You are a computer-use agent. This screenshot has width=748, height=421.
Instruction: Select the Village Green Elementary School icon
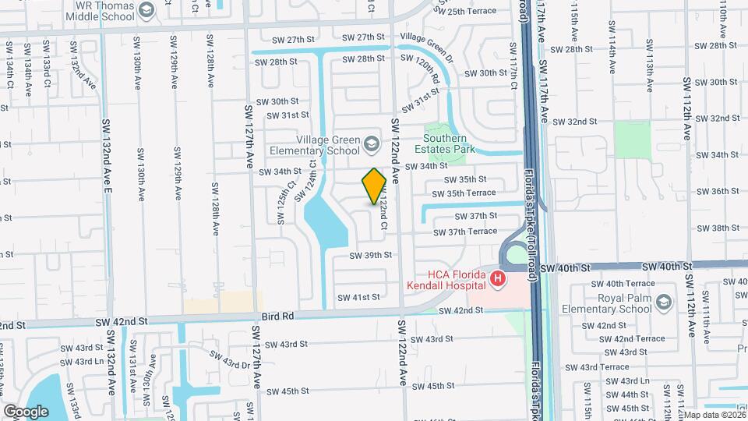[372, 144]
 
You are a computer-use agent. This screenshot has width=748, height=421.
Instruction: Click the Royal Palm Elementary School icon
[663, 302]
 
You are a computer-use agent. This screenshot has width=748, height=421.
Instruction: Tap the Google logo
[26, 411]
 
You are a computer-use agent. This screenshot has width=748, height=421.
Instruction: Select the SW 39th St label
[370, 255]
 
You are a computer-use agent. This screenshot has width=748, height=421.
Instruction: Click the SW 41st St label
[358, 297]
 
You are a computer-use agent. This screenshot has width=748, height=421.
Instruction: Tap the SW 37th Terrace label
[471, 232]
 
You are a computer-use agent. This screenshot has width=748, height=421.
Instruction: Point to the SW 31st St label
[284, 115]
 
